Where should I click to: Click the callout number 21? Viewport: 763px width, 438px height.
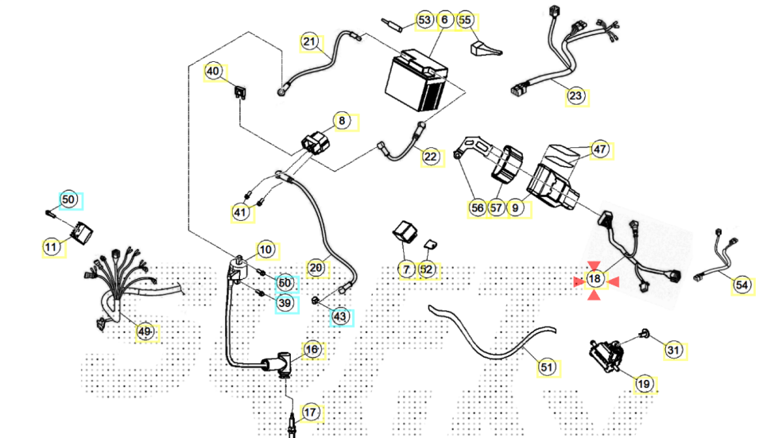(309, 41)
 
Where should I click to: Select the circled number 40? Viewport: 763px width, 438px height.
(213, 72)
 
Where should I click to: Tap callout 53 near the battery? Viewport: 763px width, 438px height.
(424, 19)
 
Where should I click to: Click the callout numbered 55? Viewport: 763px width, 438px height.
(465, 19)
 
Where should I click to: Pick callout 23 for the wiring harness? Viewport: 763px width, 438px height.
(575, 96)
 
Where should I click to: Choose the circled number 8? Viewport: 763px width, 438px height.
(342, 122)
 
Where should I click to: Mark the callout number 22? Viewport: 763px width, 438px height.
(430, 157)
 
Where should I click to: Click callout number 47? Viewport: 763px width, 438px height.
(599, 149)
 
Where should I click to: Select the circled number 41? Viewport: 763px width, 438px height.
(240, 212)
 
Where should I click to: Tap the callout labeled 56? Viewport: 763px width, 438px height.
(477, 207)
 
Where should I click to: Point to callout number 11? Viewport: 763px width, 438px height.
(51, 247)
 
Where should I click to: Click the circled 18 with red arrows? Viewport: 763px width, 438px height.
(595, 279)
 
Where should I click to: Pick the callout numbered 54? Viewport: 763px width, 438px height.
(742, 285)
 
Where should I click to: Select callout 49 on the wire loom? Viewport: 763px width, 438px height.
(145, 331)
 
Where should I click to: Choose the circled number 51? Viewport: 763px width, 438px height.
(546, 367)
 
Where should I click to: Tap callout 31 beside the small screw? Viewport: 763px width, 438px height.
(673, 349)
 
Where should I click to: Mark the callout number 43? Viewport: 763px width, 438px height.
(340, 316)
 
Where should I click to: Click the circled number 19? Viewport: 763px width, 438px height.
(645, 384)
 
